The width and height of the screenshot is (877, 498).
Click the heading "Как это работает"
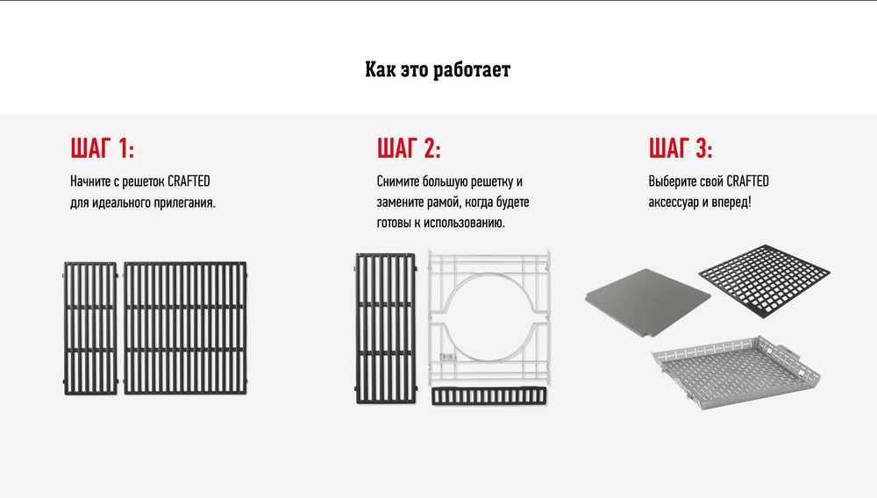438,70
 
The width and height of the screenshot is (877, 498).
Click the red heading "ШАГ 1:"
103,148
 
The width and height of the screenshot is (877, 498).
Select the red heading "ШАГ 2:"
409,148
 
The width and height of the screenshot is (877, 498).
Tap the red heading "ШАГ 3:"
681,148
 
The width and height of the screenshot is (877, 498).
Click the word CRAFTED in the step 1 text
189,181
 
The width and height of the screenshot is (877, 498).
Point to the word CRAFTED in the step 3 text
748,181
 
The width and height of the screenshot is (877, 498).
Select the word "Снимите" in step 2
397,181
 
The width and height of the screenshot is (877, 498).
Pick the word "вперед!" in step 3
731,202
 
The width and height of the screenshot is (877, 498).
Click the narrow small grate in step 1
90,328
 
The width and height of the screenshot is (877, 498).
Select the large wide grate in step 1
185,328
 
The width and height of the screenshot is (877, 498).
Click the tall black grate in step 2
386,328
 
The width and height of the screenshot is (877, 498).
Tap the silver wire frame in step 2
431,318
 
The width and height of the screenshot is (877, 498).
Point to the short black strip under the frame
488,395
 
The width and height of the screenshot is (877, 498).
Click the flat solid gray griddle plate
648,302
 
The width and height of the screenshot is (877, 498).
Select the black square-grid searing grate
764,280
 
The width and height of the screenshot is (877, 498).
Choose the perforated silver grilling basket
736,372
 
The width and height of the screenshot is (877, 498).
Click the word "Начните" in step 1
90,181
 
